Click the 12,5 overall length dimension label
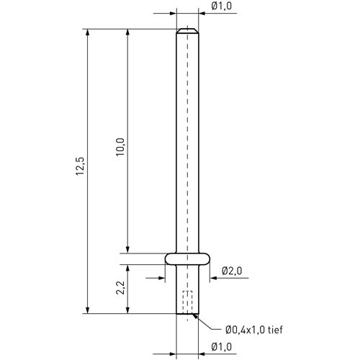80,166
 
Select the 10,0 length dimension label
120,147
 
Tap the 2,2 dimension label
120,287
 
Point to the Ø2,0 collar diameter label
232,271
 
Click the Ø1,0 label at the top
222,6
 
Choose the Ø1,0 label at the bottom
222,347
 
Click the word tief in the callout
275,330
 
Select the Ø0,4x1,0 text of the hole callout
246,330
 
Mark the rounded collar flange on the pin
187,258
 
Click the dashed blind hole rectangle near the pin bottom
187,302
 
